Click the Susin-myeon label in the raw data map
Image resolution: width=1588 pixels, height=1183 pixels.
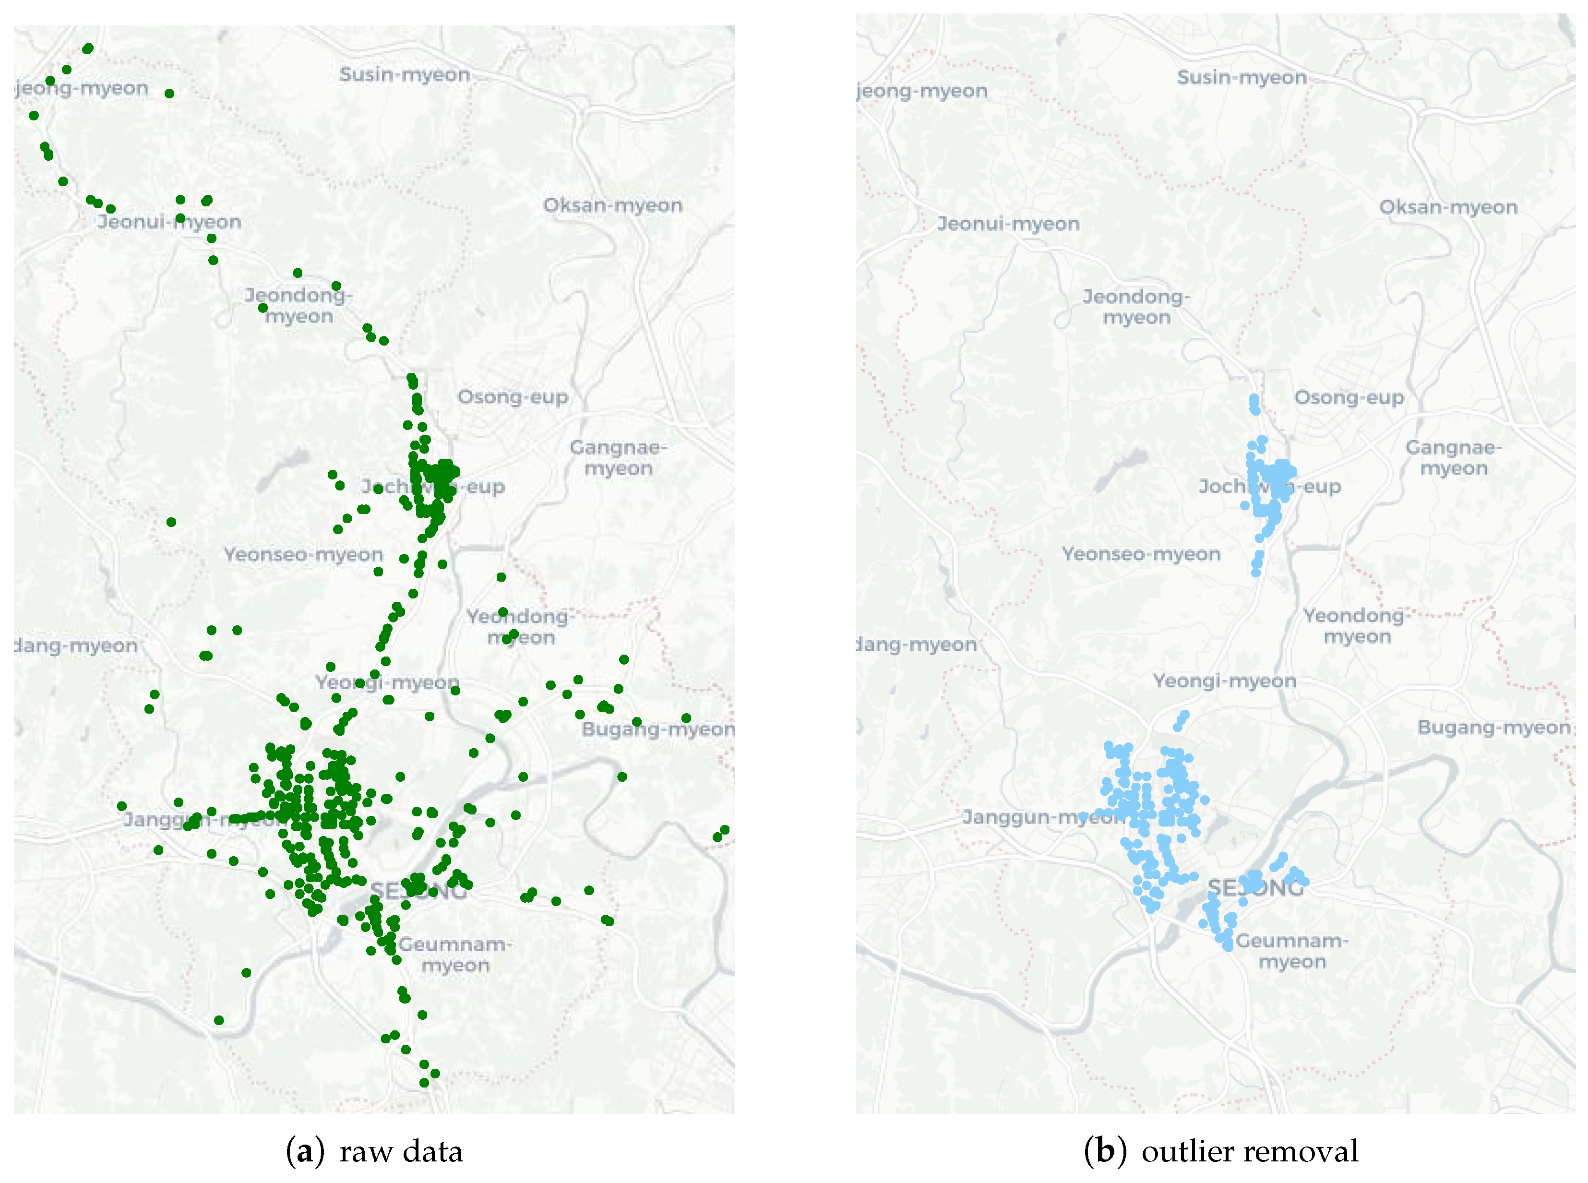[x=405, y=74]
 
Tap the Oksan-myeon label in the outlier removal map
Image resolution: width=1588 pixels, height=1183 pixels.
[x=1448, y=207]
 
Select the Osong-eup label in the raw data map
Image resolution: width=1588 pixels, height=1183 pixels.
[x=513, y=397]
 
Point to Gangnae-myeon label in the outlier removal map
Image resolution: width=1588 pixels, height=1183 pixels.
[x=1454, y=457]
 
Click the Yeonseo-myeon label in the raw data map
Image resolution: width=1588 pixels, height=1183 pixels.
[x=304, y=554]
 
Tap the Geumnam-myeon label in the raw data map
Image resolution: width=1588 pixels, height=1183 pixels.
[x=454, y=955]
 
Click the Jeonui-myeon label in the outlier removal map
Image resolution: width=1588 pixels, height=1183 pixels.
[x=1008, y=224]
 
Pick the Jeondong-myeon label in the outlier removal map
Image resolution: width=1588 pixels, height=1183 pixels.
[x=1136, y=307]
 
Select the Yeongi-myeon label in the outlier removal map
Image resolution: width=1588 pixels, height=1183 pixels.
[x=1224, y=681]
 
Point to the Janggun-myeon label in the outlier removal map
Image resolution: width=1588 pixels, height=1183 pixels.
[x=1042, y=818]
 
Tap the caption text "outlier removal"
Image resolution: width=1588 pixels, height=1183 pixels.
[x=1249, y=1151]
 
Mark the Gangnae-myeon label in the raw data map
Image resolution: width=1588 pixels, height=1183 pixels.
[x=618, y=457]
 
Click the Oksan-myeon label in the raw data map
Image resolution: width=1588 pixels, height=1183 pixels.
[x=613, y=205]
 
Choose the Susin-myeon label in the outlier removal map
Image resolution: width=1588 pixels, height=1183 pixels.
[x=1242, y=77]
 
